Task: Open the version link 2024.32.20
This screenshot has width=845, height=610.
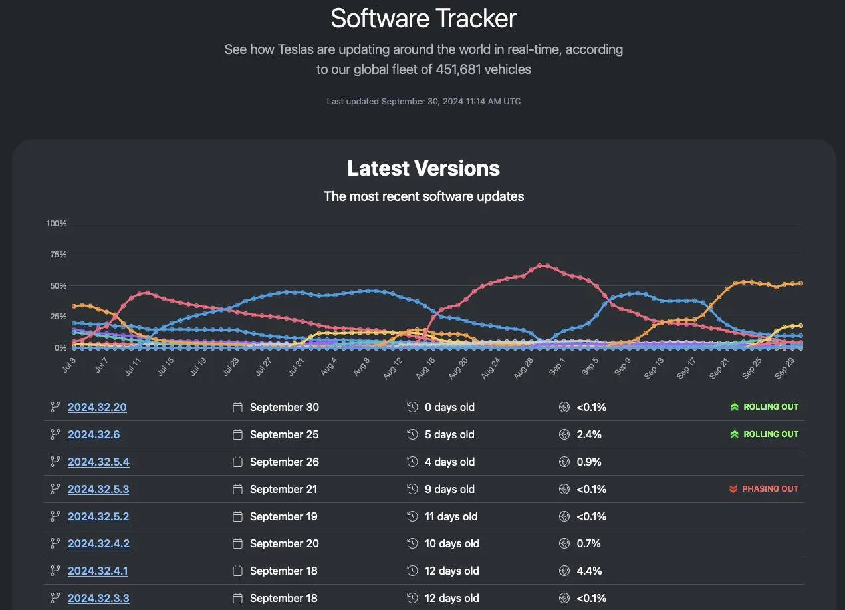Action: pos(97,407)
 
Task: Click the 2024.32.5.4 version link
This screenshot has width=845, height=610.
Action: pos(98,462)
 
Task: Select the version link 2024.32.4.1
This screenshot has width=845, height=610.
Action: pos(98,571)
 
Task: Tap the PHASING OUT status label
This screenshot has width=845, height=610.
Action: pos(770,489)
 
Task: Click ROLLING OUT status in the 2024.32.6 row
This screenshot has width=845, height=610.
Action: pos(771,434)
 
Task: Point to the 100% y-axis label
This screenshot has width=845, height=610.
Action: pos(57,224)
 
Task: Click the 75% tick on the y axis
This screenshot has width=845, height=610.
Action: pos(58,255)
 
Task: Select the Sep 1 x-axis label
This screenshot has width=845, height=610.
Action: pos(556,367)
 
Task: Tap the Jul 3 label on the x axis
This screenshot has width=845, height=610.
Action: pos(69,365)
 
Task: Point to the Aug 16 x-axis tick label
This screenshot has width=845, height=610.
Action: pos(425,368)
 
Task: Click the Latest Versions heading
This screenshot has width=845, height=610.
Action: pos(423,168)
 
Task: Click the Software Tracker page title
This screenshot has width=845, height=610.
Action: pos(423,18)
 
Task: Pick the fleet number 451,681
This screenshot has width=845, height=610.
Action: pos(458,69)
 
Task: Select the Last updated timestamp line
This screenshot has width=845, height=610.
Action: pos(423,102)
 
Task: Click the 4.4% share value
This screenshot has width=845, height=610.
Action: pos(589,571)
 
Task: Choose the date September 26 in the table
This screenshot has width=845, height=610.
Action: pos(285,462)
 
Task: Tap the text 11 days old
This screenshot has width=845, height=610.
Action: pos(451,516)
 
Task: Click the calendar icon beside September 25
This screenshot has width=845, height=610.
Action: pos(237,434)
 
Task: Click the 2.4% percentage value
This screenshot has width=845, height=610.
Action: pos(589,434)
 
